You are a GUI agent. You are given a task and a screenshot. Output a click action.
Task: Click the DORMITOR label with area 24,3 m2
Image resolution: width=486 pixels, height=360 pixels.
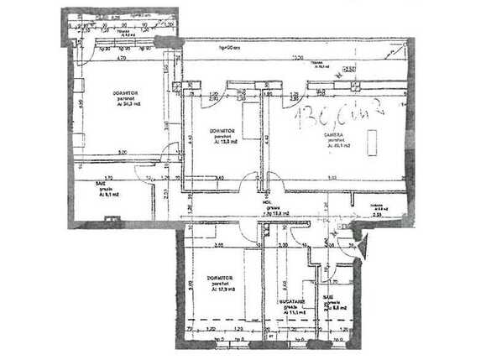127,97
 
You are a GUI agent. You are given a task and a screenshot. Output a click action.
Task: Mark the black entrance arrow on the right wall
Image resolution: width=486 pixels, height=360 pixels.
363,246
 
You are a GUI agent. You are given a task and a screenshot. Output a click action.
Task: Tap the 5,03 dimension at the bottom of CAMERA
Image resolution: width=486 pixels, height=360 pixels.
332,177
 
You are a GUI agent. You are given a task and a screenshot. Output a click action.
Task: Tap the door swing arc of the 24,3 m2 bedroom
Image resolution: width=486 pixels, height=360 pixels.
170,154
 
